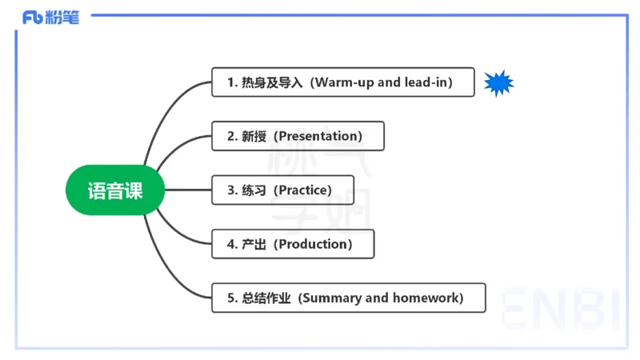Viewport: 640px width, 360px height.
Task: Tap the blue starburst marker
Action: pos(498,82)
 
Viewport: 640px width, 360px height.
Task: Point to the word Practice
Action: pos(302,190)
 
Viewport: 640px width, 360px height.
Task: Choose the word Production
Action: pos(313,244)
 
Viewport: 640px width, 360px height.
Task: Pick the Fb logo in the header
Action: pos(33,17)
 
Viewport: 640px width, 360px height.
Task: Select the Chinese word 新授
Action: pos(254,136)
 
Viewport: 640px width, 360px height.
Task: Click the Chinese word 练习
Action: pos(254,190)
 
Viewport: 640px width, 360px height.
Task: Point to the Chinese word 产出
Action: pos(254,244)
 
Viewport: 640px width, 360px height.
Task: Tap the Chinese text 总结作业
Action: pos(266,298)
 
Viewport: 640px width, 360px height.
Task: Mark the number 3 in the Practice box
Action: pos(230,190)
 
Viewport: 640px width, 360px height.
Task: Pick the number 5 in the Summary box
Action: pos(230,298)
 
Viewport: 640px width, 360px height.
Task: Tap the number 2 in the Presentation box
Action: pos(230,136)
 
